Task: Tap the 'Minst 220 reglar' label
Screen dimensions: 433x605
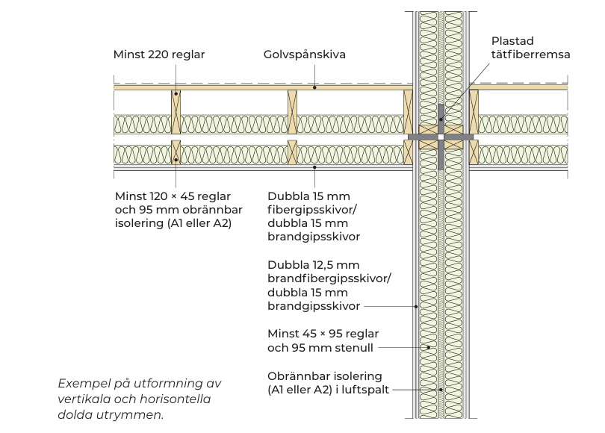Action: (x=159, y=55)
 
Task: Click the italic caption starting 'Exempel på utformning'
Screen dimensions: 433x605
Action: (x=140, y=384)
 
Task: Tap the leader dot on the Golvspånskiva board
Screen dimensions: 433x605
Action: (x=315, y=87)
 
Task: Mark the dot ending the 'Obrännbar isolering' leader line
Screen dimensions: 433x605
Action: (x=441, y=389)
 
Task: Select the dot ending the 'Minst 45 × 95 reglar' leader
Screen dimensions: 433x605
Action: (x=428, y=347)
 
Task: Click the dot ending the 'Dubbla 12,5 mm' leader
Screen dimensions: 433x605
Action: (x=415, y=306)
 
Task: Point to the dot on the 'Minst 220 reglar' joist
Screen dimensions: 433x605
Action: (x=176, y=93)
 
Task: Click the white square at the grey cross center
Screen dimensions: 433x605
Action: (x=441, y=138)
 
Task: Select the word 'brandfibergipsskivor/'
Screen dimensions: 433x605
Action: (x=329, y=278)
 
